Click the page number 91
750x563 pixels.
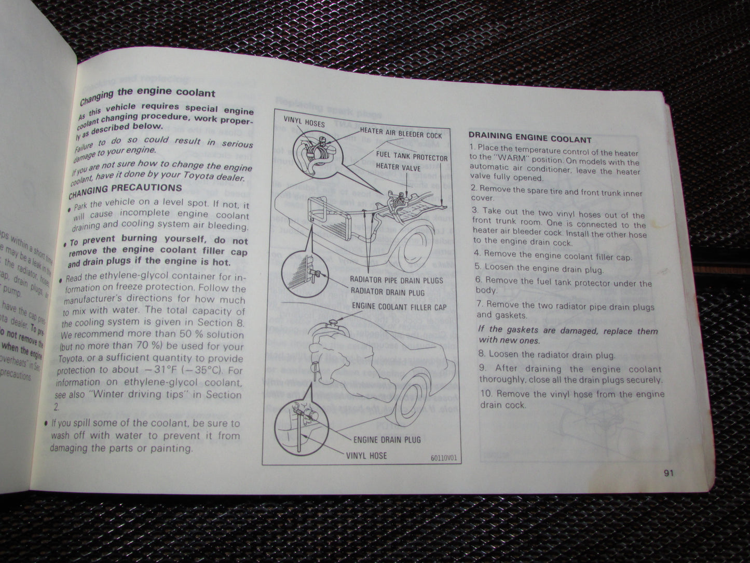click(667, 473)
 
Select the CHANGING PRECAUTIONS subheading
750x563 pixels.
click(125, 190)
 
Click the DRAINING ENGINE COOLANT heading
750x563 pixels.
click(530, 139)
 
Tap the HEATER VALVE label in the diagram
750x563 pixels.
click(395, 167)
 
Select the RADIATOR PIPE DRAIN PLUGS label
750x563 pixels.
click(397, 280)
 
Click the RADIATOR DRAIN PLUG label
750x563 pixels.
click(388, 292)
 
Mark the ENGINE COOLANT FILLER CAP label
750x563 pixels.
click(399, 307)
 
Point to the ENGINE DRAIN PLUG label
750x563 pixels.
click(387, 439)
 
